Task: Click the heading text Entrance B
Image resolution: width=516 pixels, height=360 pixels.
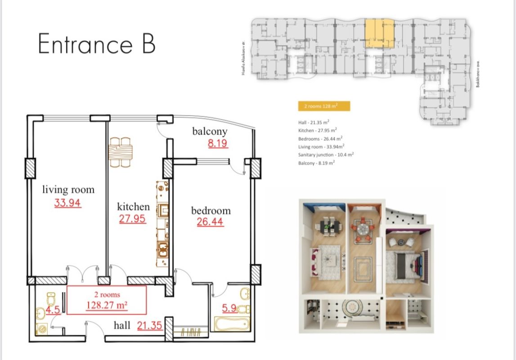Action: click(97, 44)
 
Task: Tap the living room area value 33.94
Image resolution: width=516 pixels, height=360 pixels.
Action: click(67, 203)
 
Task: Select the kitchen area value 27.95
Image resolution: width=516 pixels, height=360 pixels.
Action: click(132, 219)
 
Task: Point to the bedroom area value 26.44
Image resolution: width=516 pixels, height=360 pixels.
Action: click(210, 222)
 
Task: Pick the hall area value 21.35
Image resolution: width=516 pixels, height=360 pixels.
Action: click(149, 325)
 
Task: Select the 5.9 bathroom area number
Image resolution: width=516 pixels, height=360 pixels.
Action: click(229, 309)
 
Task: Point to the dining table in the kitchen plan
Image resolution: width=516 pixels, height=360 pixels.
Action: click(121, 151)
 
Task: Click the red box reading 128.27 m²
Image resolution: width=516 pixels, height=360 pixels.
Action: click(107, 300)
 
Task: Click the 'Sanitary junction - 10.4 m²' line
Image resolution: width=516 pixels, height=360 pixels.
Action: click(326, 154)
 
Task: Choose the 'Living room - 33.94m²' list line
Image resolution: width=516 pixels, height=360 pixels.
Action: click(321, 146)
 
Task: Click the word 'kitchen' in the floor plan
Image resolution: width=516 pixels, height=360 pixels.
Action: click(133, 207)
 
